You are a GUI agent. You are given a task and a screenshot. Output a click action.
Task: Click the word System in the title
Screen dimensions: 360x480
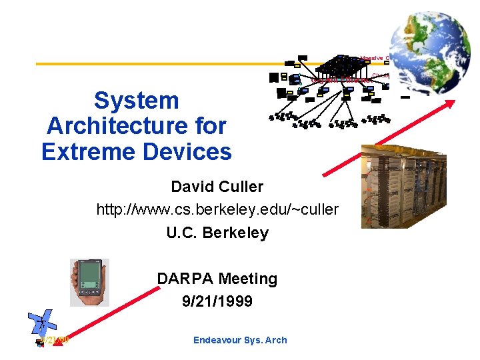pyautogui.click(x=137, y=101)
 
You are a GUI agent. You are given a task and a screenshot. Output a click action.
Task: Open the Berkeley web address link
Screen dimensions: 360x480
pyautogui.click(x=217, y=210)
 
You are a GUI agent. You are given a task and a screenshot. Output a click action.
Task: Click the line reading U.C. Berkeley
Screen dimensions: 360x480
pyautogui.click(x=217, y=233)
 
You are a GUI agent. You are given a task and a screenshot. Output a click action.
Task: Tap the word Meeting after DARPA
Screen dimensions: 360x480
pyautogui.click(x=248, y=279)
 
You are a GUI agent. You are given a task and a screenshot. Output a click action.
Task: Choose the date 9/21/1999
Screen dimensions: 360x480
pyautogui.click(x=217, y=301)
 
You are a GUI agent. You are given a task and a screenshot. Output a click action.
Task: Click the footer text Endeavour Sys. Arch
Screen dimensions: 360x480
pyautogui.click(x=240, y=340)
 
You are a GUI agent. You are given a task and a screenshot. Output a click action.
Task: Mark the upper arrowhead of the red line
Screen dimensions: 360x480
pyautogui.click(x=451, y=103)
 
